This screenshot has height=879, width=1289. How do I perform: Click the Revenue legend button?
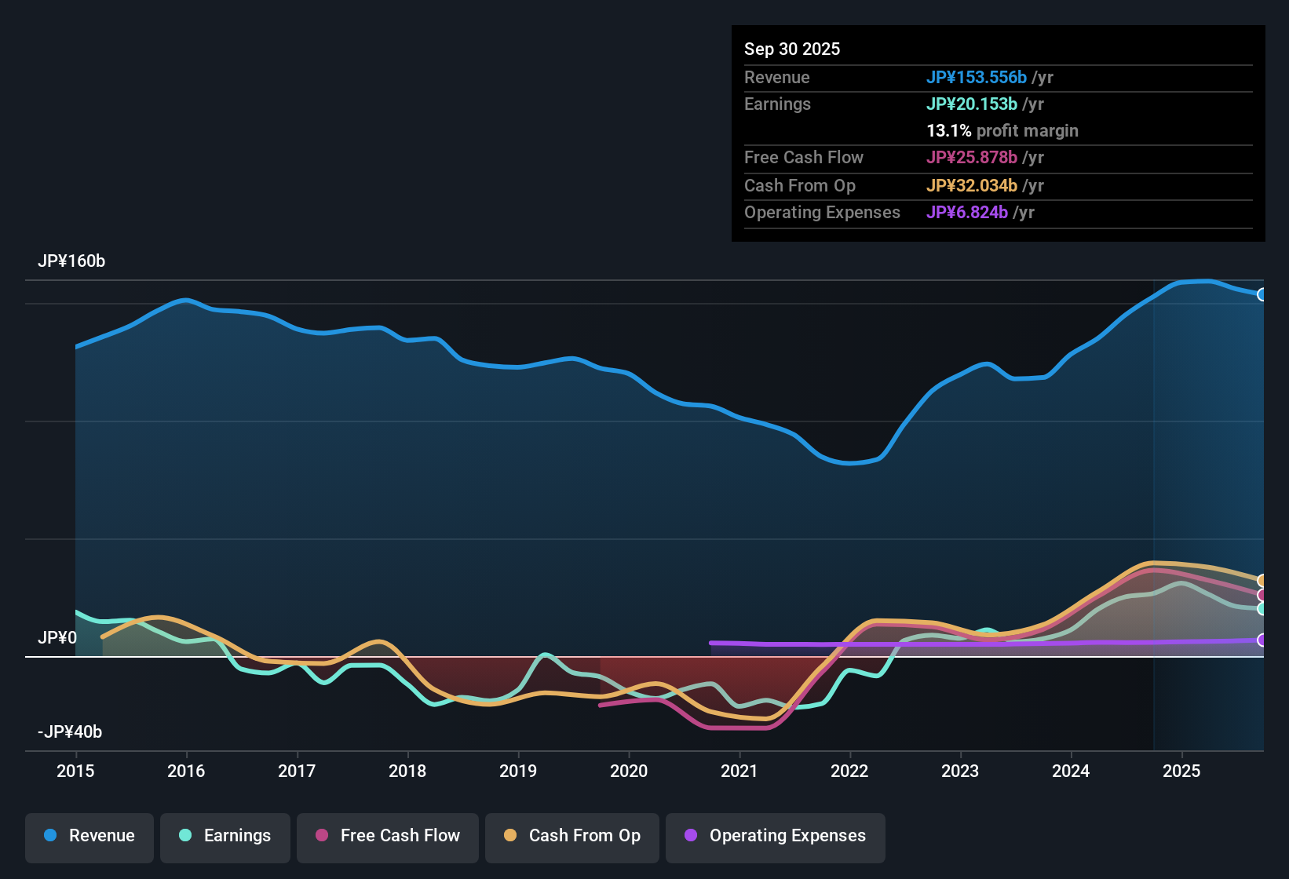[x=89, y=837]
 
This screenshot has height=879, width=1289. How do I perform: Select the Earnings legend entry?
[x=225, y=837]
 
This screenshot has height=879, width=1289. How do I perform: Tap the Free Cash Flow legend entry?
[x=388, y=837]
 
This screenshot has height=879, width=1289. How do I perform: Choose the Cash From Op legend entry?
[x=572, y=837]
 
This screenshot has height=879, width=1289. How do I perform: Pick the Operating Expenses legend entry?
[x=776, y=837]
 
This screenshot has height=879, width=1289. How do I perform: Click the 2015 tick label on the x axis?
[x=75, y=771]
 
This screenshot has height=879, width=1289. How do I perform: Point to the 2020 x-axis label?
[x=629, y=771]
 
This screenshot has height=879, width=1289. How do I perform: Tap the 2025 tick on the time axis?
[x=1181, y=771]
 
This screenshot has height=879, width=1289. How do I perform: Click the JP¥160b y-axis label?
[x=71, y=261]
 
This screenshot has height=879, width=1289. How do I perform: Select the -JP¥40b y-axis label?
[x=70, y=732]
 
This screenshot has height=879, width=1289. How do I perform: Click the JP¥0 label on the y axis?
[x=57, y=638]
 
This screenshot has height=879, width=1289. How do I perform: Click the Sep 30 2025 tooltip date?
[x=792, y=49]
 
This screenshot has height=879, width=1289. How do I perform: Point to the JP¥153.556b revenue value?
[x=976, y=78]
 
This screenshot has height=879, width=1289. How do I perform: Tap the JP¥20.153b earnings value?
[x=971, y=104]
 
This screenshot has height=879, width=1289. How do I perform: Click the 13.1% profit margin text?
[x=1002, y=131]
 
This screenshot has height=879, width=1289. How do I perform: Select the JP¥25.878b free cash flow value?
[x=971, y=158]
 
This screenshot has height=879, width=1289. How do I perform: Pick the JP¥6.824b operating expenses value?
[x=966, y=213]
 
